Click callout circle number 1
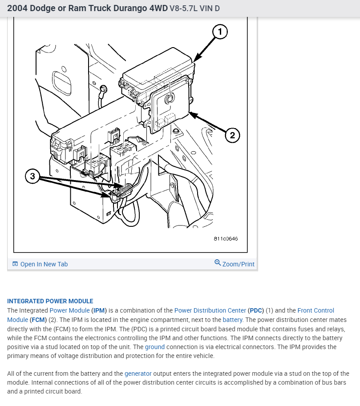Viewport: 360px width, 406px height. [220, 32]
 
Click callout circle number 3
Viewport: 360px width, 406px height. [32, 177]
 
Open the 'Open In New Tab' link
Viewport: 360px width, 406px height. [44, 264]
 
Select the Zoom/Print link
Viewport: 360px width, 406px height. [239, 264]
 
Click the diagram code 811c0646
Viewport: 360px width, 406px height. [226, 239]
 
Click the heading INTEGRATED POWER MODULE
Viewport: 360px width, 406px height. [50, 301]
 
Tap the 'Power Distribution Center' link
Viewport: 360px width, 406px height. [210, 310]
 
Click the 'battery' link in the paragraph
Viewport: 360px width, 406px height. [233, 319]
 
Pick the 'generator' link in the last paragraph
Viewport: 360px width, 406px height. [138, 374]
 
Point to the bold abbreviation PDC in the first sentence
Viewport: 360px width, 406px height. [255, 310]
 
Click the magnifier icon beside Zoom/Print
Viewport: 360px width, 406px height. [218, 263]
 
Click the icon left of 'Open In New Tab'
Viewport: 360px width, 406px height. [15, 264]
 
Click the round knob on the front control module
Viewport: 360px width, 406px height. [168, 98]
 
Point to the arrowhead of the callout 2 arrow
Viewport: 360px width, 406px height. [191, 113]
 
